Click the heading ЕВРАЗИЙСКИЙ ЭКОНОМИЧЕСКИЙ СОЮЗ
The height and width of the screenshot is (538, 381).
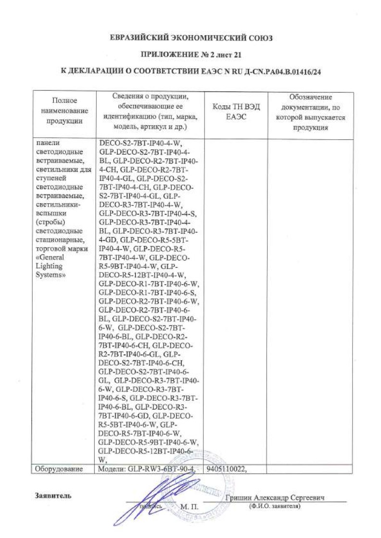pos(190,37)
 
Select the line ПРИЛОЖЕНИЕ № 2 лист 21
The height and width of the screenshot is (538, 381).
pos(190,55)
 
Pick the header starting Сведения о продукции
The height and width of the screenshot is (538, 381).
pos(150,111)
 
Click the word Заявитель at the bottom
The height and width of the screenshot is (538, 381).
pos(53,496)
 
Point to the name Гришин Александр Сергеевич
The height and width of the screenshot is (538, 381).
pos(275,498)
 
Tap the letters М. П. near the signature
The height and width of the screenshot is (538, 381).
pos(189,507)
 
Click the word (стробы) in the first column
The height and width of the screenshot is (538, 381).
pos(50,222)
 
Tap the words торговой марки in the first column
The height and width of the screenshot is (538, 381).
pos(62,249)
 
